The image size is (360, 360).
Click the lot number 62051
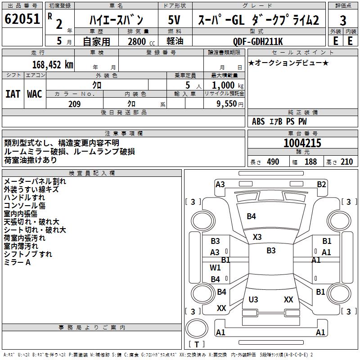coord(22,19)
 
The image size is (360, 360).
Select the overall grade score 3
coord(343,21)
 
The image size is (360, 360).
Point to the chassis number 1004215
coord(302,144)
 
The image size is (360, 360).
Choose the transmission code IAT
coord(13,94)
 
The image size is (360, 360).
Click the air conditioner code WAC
coord(34,94)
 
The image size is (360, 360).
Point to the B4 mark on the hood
coord(251,216)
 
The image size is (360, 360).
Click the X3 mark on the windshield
coord(257,237)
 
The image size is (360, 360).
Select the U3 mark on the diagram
coord(253,299)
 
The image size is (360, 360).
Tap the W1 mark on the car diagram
coord(215,267)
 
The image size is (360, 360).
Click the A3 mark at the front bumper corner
coord(220,184)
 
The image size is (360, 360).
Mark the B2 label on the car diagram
coord(321,184)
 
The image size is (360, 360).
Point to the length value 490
coord(273,162)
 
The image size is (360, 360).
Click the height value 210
coord(346,162)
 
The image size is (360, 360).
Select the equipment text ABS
coord(258,121)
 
